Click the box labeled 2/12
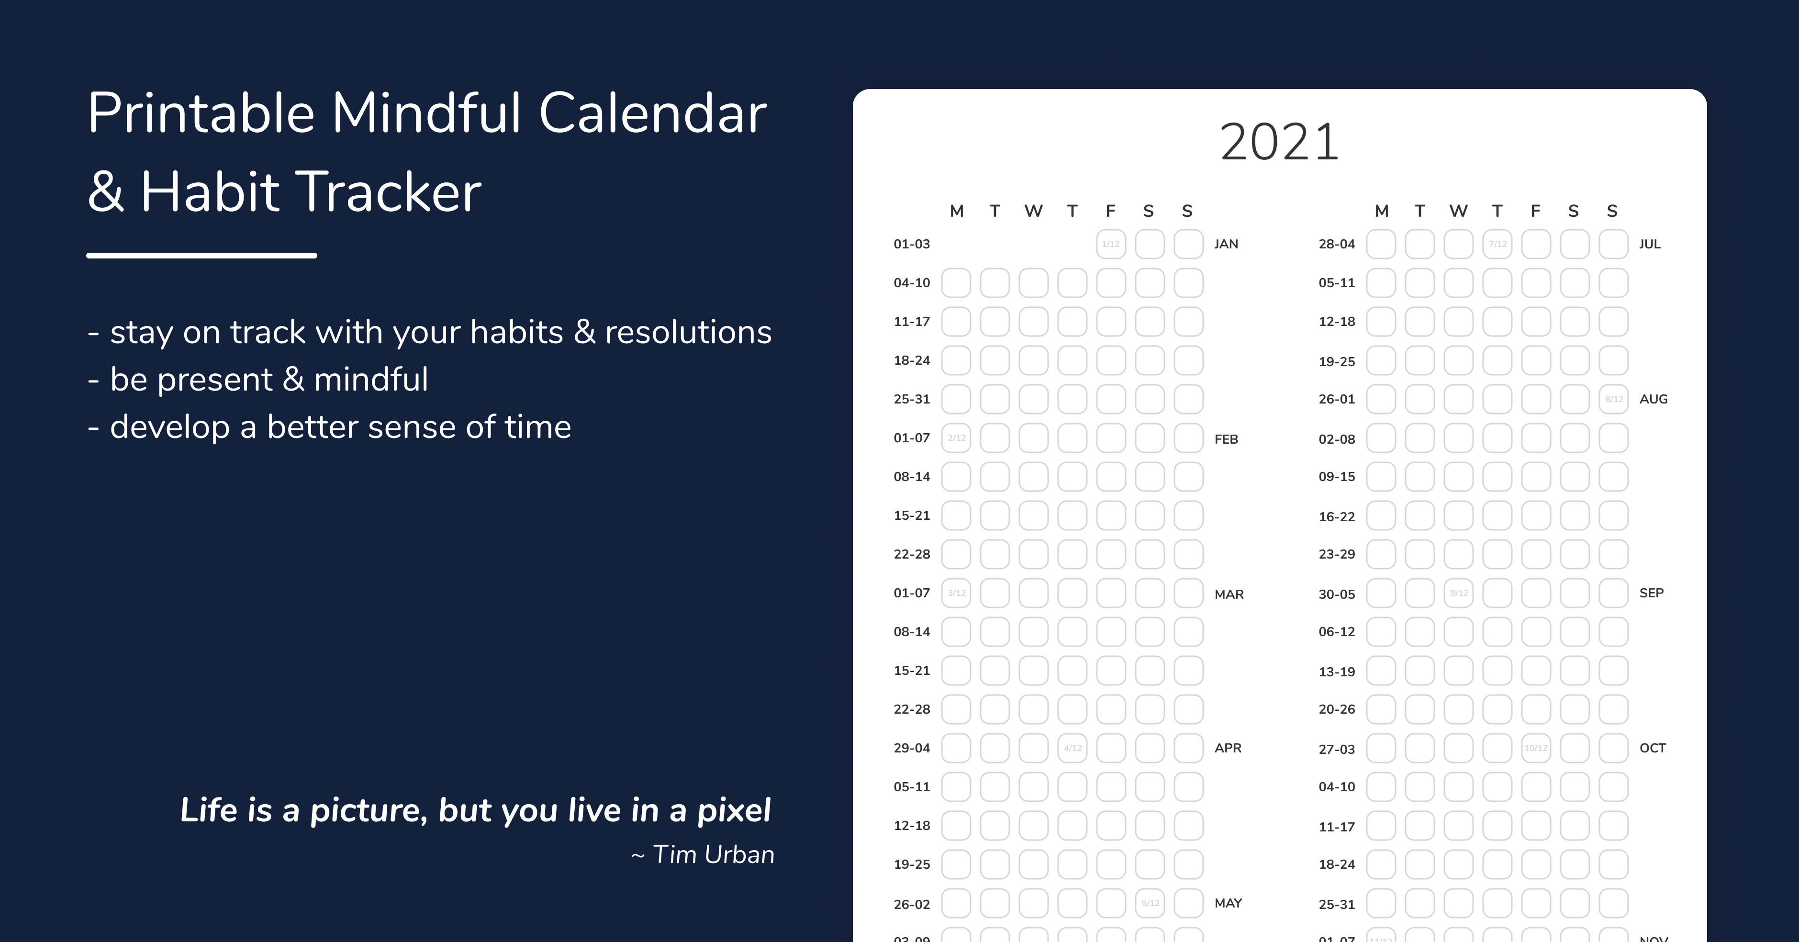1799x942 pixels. click(956, 438)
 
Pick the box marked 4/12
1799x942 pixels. click(1072, 748)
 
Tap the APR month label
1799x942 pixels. click(1228, 748)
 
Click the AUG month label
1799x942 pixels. click(1653, 399)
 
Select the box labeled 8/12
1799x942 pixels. click(1613, 399)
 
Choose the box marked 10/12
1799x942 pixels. click(1536, 748)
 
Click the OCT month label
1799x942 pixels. click(1653, 748)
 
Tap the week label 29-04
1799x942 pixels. click(911, 748)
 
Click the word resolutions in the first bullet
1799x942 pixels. click(688, 332)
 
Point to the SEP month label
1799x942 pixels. click(1651, 593)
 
